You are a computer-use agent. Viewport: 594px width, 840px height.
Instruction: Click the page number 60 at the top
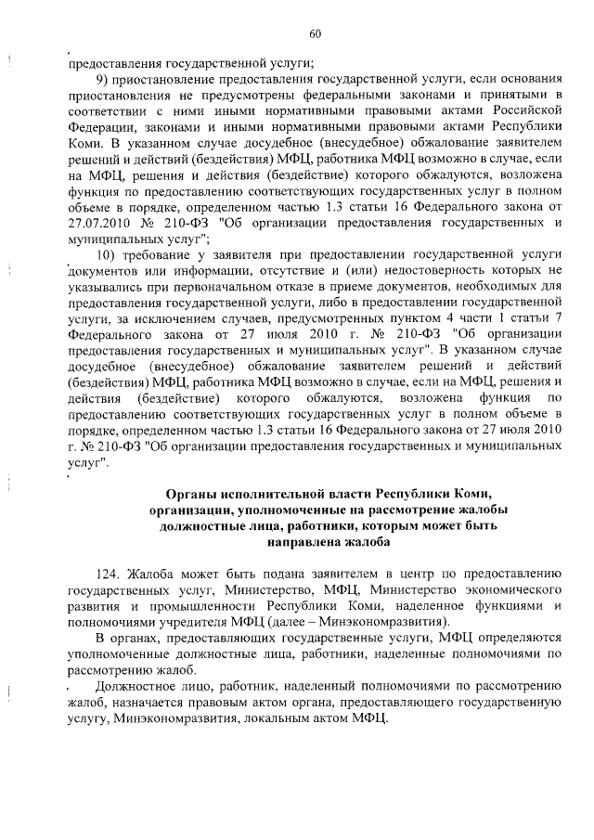[x=315, y=34]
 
